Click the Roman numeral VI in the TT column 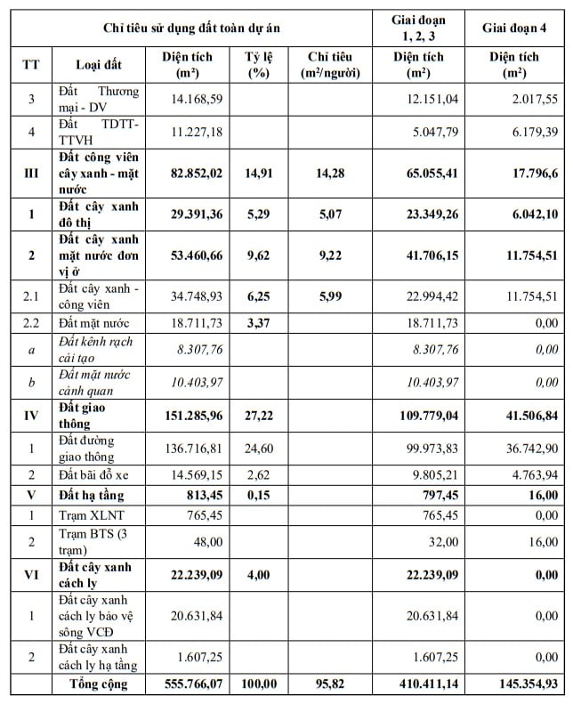pos(31,574)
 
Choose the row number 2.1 pos(31,295)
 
